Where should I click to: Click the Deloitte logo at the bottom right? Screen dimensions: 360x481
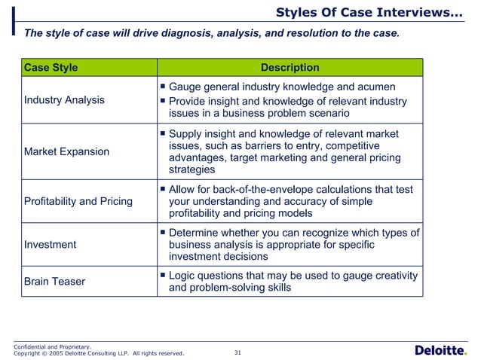[441, 350]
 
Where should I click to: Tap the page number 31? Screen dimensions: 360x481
[238, 352]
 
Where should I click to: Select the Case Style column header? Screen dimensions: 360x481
[51, 68]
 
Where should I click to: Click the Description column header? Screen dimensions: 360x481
[290, 68]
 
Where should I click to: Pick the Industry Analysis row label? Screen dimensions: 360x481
[65, 99]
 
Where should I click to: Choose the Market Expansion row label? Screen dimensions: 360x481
[67, 151]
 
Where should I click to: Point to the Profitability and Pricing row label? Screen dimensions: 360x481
[78, 201]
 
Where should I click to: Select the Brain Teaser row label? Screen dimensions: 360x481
[55, 281]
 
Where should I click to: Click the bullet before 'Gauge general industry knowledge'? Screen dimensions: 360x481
[162, 87]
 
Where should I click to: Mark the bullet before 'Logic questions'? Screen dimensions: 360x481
[162, 276]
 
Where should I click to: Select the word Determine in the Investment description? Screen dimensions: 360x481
[197, 232]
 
